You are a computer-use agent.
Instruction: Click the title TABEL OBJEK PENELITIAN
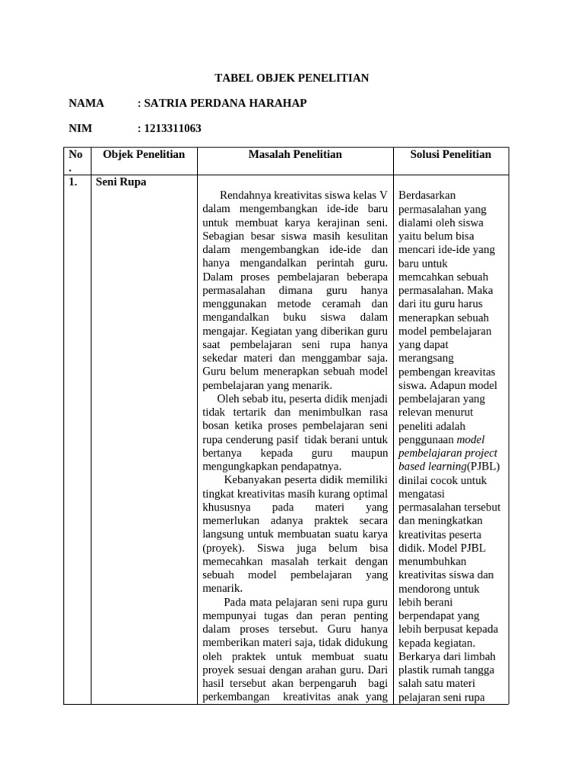click(x=292, y=78)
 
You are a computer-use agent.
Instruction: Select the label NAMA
click(x=86, y=103)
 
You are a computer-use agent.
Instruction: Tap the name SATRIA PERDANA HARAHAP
click(x=222, y=103)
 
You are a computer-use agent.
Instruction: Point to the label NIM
click(x=81, y=128)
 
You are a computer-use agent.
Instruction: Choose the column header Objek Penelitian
click(x=144, y=154)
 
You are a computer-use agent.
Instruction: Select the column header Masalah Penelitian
click(x=295, y=154)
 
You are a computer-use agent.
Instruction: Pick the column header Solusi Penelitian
click(x=451, y=154)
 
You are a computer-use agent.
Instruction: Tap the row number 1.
click(x=73, y=182)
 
